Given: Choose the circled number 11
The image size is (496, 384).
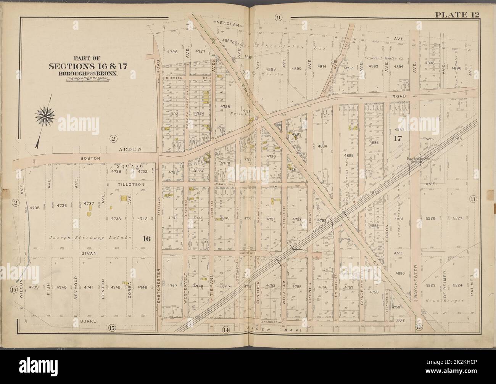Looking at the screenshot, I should click(x=473, y=199).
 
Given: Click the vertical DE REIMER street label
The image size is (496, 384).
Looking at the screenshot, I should click(x=444, y=283).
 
